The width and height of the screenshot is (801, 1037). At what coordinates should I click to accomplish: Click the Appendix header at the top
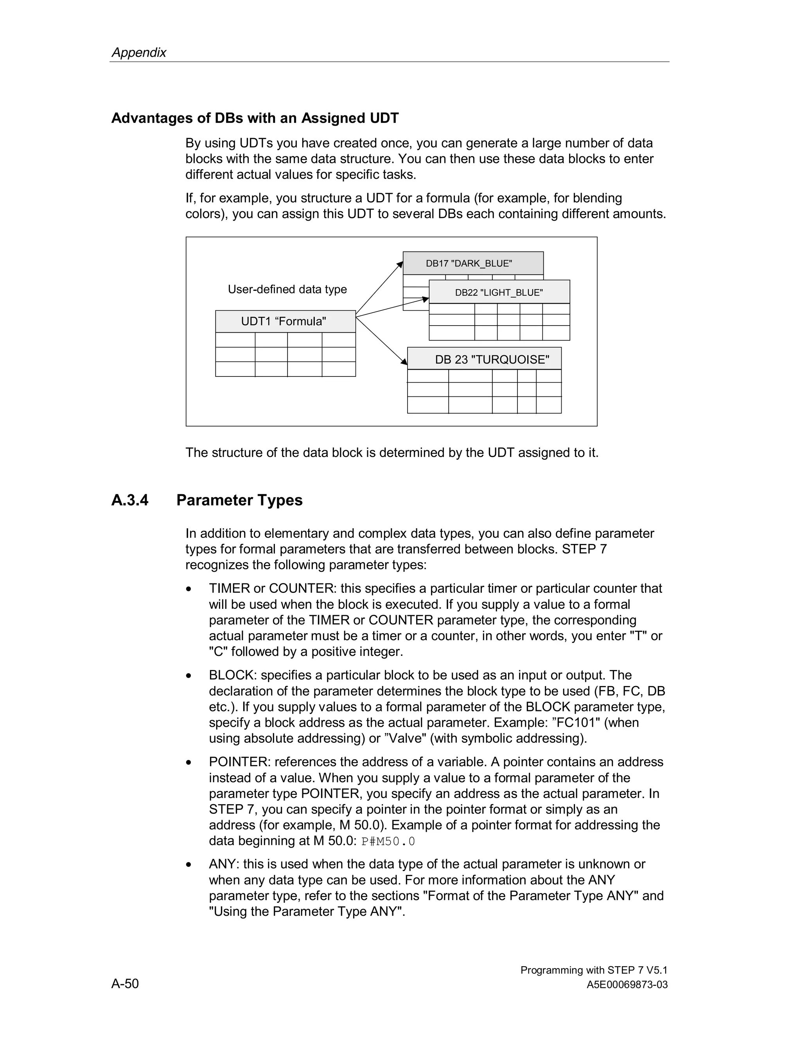tap(138, 52)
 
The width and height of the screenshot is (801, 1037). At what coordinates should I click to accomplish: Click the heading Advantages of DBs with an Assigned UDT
tap(255, 118)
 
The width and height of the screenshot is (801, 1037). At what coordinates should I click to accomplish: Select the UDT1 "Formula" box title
tap(284, 321)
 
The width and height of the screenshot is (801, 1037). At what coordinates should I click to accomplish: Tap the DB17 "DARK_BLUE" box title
tap(469, 263)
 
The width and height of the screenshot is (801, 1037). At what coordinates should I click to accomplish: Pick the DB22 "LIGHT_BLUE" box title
tap(499, 292)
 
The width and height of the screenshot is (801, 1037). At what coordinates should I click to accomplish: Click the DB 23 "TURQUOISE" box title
tap(492, 360)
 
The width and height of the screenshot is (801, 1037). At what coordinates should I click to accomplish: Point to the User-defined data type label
tap(287, 289)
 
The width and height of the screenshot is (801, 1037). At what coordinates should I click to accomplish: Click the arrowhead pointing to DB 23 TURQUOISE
tap(404, 362)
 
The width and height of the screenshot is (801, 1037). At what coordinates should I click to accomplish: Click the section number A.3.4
tap(130, 500)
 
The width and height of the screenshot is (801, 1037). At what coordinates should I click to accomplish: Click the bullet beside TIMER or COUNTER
tap(189, 589)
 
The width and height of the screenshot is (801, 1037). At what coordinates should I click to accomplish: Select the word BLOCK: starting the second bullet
tap(233, 675)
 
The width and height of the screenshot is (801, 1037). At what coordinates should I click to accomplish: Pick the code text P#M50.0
tap(388, 841)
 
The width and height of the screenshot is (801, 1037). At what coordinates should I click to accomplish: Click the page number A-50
tap(125, 983)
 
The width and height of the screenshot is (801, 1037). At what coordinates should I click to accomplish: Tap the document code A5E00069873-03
tap(627, 985)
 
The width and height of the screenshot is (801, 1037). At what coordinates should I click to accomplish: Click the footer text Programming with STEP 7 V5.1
tap(594, 970)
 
